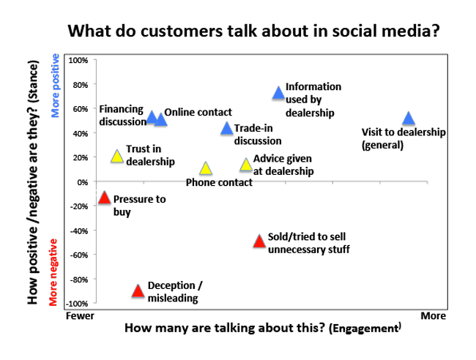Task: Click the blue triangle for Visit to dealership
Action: point(409,119)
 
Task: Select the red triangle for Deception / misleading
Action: point(138,290)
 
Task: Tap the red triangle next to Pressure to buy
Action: point(104,198)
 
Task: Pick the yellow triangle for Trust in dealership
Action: point(116,156)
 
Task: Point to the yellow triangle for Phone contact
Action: point(206,168)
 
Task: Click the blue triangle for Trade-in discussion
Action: point(227,129)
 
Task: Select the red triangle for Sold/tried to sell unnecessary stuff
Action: point(259,241)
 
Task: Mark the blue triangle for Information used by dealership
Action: point(278,93)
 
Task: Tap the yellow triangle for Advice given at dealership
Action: point(246,165)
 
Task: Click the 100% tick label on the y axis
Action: point(78,60)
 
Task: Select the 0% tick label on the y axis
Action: point(81,181)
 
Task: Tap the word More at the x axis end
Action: point(432,316)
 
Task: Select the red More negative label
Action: point(53,272)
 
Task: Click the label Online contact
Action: point(198,112)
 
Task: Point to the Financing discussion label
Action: point(121,116)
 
